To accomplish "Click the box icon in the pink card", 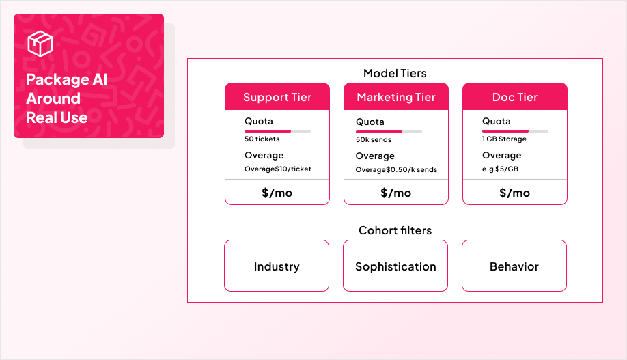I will pyautogui.click(x=40, y=44).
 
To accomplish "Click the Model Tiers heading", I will pyautogui.click(x=395, y=73).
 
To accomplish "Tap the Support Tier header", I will pyautogui.click(x=277, y=97).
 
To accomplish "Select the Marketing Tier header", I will pyautogui.click(x=396, y=97).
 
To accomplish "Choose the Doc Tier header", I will pyautogui.click(x=515, y=97).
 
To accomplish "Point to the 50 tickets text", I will pyautogui.click(x=262, y=139).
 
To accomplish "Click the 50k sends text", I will pyautogui.click(x=374, y=140).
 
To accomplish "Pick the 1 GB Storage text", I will pyautogui.click(x=504, y=139).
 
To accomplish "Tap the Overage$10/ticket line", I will pyautogui.click(x=278, y=169).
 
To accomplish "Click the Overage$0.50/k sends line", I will pyautogui.click(x=396, y=170).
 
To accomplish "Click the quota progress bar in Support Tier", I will pyautogui.click(x=277, y=130).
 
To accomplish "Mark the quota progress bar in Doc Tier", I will pyautogui.click(x=515, y=130).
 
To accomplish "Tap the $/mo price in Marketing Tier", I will pyautogui.click(x=396, y=193).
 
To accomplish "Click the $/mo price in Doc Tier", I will pyautogui.click(x=515, y=193).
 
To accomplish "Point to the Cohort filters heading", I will pyautogui.click(x=395, y=230).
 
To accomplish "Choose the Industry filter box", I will pyautogui.click(x=277, y=266).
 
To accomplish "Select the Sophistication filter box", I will pyautogui.click(x=395, y=266).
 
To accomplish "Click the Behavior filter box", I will pyautogui.click(x=514, y=266).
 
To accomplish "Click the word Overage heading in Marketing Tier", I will pyautogui.click(x=375, y=156).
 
